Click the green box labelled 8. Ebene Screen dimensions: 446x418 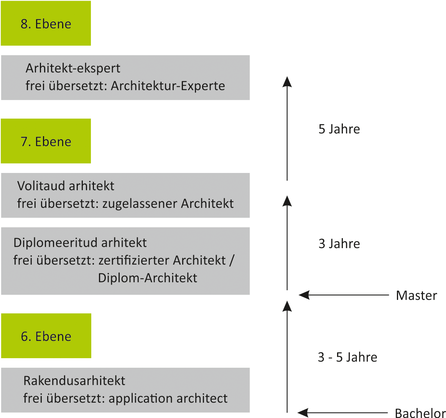[46, 23]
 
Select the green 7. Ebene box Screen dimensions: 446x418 [46, 141]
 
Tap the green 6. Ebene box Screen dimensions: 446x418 [46, 336]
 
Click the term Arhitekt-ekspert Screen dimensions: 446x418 [73, 69]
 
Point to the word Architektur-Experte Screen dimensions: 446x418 [168, 86]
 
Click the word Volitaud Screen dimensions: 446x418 [41, 186]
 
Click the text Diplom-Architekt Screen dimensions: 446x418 [147, 278]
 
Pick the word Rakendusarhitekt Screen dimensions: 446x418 [74, 381]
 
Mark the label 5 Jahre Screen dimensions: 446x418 [339, 129]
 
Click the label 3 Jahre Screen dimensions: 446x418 [339, 244]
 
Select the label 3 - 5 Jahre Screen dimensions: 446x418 [347, 357]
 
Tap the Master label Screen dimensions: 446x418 [416, 295]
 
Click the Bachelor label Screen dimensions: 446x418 [420, 413]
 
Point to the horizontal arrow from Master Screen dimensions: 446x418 [344, 295]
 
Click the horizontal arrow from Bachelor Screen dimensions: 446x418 [343, 412]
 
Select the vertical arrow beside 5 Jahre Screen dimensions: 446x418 [287, 128]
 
